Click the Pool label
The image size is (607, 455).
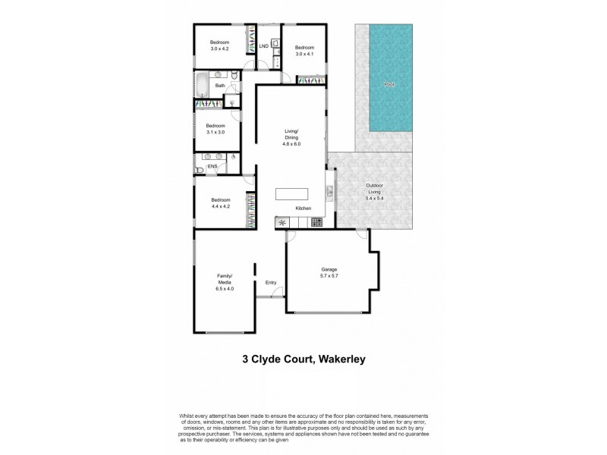[x=389, y=84]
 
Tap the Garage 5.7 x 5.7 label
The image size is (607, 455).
[x=329, y=273]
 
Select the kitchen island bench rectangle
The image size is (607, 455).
[x=292, y=193]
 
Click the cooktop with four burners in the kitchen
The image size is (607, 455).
[x=316, y=222]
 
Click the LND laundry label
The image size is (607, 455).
[x=263, y=46]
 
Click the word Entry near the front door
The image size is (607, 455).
[x=271, y=283]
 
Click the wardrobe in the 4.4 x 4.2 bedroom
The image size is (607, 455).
[x=249, y=209]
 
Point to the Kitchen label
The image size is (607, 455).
[x=303, y=208]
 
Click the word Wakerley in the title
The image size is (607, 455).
[x=335, y=359]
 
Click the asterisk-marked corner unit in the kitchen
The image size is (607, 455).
[x=282, y=222]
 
